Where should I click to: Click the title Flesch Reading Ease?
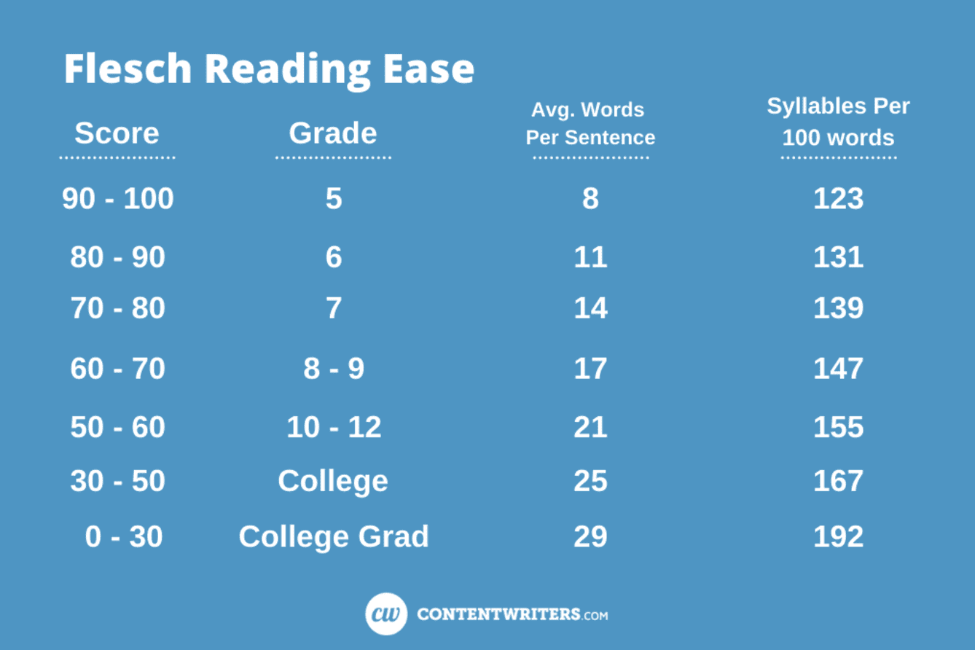pyautogui.click(x=269, y=68)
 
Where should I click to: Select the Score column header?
pyautogui.click(x=117, y=133)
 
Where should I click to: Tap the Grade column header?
pyautogui.click(x=333, y=133)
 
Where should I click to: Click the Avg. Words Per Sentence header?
pyautogui.click(x=590, y=124)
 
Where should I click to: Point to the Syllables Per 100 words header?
pyautogui.click(x=838, y=122)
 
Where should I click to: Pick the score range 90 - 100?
pyautogui.click(x=118, y=199)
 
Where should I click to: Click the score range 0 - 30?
pyautogui.click(x=124, y=537)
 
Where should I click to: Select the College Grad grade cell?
pyautogui.click(x=334, y=537)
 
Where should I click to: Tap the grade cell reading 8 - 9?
pyautogui.click(x=334, y=369)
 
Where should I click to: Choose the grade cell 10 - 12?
pyautogui.click(x=334, y=427)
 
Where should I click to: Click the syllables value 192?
pyautogui.click(x=838, y=537)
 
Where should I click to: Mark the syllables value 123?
pyautogui.click(x=838, y=199)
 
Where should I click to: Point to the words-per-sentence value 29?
pyautogui.click(x=590, y=537)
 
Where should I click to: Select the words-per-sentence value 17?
pyautogui.click(x=590, y=369)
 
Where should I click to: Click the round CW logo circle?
pyautogui.click(x=386, y=614)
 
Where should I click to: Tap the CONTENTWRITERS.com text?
pyautogui.click(x=512, y=614)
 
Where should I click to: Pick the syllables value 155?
pyautogui.click(x=838, y=427)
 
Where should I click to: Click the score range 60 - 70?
pyautogui.click(x=118, y=369)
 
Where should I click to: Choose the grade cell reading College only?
pyautogui.click(x=333, y=481)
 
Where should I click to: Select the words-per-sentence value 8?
pyautogui.click(x=590, y=199)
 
